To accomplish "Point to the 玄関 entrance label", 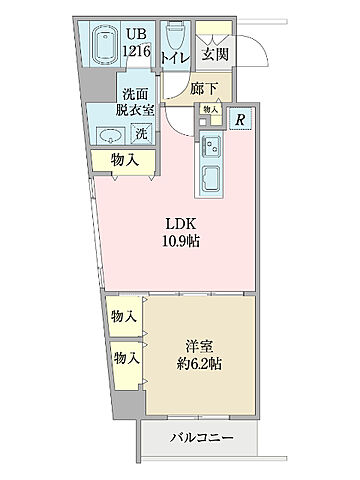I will [213, 56].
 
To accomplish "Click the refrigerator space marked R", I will [240, 120].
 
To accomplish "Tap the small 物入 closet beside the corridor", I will [209, 109].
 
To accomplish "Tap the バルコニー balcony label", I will [201, 438].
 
